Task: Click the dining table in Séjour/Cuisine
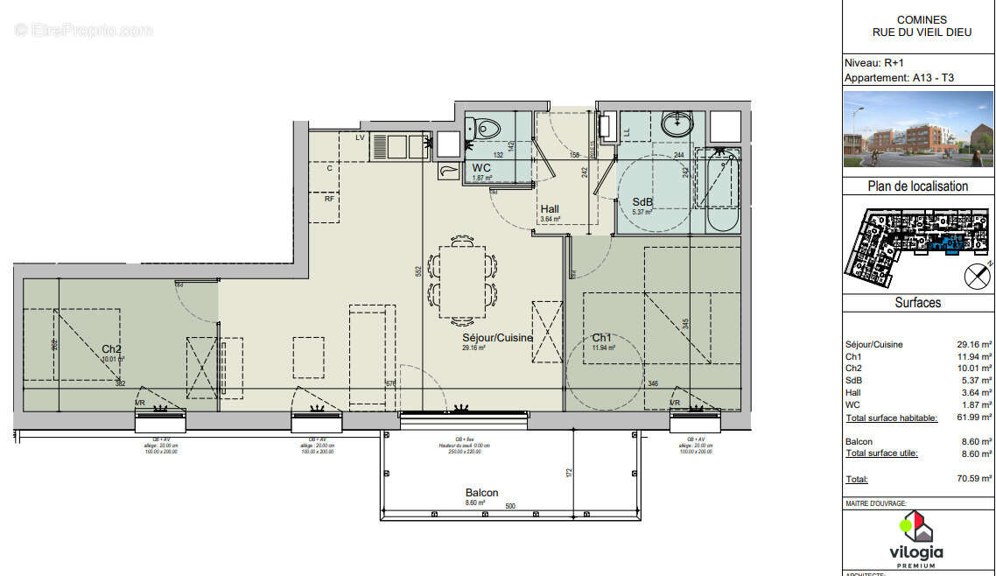click(x=462, y=280)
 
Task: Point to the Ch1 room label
click(x=601, y=338)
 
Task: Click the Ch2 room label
click(x=111, y=349)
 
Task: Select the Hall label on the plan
click(x=550, y=209)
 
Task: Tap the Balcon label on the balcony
click(x=481, y=493)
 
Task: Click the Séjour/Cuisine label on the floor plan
click(x=497, y=338)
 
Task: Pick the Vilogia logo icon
click(x=916, y=527)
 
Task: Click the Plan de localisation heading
click(x=917, y=186)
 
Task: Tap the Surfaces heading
click(x=917, y=302)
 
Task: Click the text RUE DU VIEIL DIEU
click(x=922, y=33)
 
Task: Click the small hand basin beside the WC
click(x=448, y=171)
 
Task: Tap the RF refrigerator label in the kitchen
click(x=329, y=199)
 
